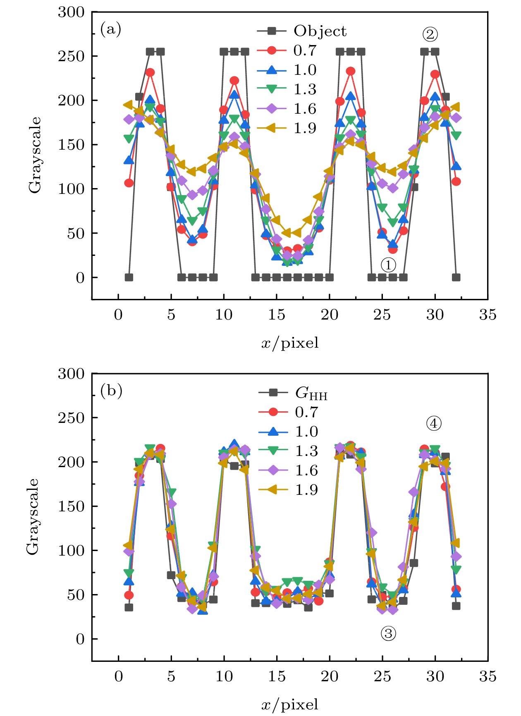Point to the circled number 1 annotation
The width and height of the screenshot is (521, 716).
388,265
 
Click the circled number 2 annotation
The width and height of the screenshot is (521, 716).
430,34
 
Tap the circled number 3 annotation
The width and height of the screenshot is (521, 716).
388,633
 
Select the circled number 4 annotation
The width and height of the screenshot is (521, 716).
434,423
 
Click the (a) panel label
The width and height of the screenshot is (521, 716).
111,29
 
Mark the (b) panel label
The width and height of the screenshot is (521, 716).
111,391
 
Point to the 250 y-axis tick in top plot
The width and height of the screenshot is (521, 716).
71,56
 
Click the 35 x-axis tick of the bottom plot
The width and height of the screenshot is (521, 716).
488,677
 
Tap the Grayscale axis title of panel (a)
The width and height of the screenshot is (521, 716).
35,155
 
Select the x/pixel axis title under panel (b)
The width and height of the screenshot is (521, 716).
290,704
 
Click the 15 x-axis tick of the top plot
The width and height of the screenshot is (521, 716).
277,315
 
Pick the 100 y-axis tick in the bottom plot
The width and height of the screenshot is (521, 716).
71,551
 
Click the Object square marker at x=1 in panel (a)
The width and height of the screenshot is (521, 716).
129,277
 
